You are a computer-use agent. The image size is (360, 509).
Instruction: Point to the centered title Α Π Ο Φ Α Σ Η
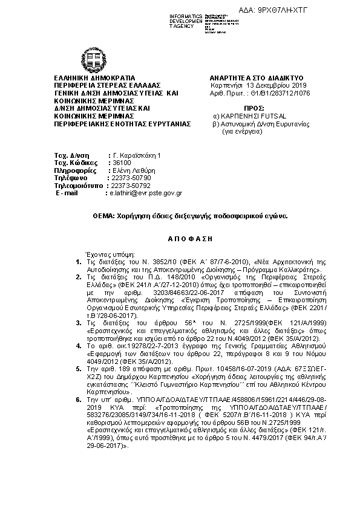coord(180,239)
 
